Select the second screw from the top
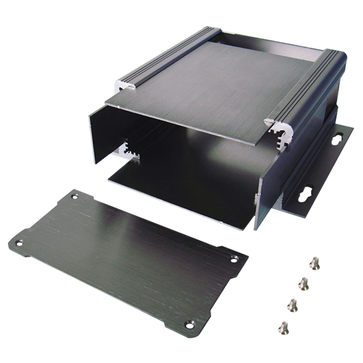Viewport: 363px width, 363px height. pyautogui.click(x=304, y=284)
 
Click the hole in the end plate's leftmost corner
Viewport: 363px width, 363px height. pyautogui.click(x=20, y=242)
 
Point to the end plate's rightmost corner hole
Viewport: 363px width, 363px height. pyautogui.click(x=234, y=259)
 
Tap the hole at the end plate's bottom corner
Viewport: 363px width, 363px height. pyautogui.click(x=189, y=324)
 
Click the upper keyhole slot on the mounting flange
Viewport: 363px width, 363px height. pyautogui.click(x=336, y=139)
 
